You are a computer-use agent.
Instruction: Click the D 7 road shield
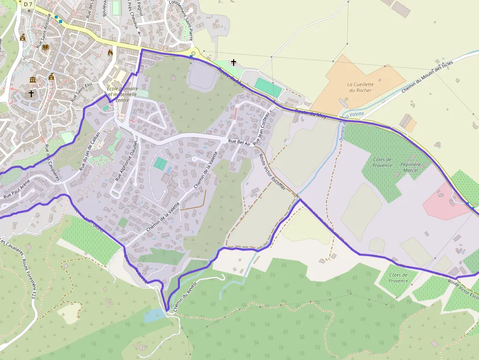point(27,4)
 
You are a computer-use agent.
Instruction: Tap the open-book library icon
point(45,47)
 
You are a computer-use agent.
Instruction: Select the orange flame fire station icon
point(110,51)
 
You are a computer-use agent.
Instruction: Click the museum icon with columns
point(33,80)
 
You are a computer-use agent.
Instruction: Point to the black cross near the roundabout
point(234,63)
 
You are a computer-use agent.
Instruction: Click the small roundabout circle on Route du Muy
point(194,53)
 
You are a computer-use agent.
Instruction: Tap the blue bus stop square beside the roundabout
point(191,57)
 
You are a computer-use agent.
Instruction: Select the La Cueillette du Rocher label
point(360,87)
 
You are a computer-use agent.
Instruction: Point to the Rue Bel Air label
point(239,142)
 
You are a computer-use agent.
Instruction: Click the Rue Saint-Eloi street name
point(81,92)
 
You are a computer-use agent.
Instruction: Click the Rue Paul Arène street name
point(17,191)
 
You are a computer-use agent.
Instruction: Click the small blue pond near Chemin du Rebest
point(153,315)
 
